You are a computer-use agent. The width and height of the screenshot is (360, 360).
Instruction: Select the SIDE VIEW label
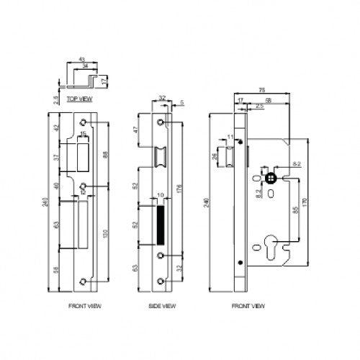pyautogui.click(x=162, y=306)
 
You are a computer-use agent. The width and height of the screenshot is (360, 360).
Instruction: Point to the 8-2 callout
pyautogui.click(x=296, y=165)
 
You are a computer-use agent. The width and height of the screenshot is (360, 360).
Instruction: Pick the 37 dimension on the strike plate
pyautogui.click(x=55, y=158)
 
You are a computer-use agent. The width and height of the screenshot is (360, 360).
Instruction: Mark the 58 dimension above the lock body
pyautogui.click(x=269, y=101)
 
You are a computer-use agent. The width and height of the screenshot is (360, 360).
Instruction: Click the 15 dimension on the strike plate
pyautogui.click(x=83, y=135)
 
